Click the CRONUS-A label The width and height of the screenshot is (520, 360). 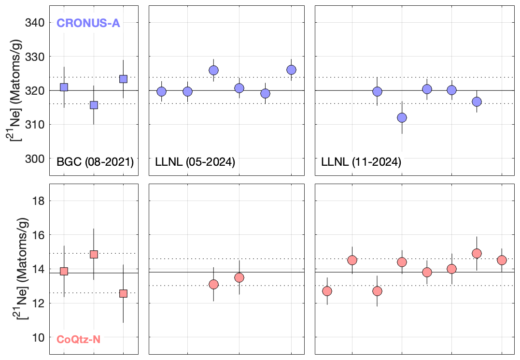coord(88,22)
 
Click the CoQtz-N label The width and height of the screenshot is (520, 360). coord(79,339)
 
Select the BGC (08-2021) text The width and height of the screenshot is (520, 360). coord(95,162)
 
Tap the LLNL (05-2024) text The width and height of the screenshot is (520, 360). coord(195,162)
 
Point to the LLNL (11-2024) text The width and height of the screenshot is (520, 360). coord(361,162)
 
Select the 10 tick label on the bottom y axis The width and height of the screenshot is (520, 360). coord(39,337)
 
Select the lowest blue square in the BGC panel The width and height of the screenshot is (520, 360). coord(94,105)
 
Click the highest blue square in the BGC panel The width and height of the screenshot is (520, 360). coord(123,79)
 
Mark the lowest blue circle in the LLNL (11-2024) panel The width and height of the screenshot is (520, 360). coord(402,117)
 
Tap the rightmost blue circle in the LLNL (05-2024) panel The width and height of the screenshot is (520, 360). coord(291,70)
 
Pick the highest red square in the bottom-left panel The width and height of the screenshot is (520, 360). coord(94,254)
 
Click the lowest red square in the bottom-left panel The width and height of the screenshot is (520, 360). coord(123,293)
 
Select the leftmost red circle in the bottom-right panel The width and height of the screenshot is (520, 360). coord(327,291)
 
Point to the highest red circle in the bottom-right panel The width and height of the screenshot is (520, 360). coord(477,254)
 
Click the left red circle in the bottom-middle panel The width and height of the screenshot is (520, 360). coord(213,284)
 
